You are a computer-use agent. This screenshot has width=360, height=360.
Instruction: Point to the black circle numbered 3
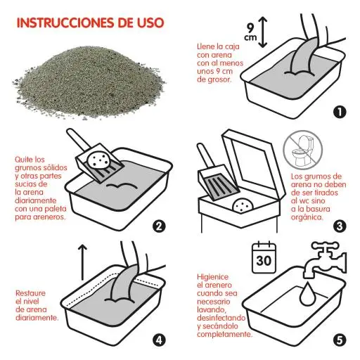click(339, 226)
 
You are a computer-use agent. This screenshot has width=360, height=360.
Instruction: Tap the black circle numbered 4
click(159, 340)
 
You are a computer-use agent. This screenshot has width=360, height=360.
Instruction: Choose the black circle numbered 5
click(339, 340)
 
